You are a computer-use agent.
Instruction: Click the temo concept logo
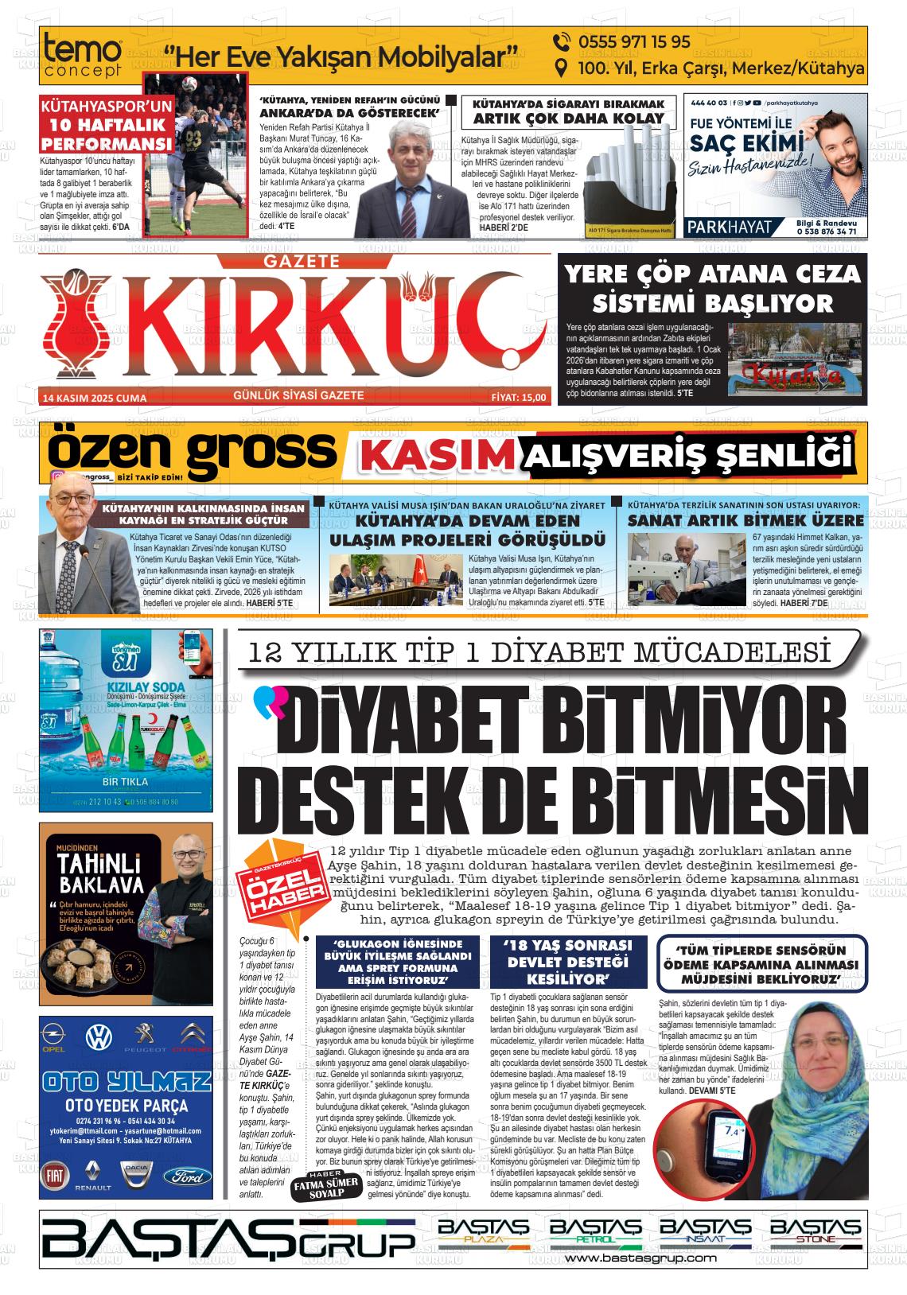[83, 56]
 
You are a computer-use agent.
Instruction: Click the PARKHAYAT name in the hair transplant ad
[729, 227]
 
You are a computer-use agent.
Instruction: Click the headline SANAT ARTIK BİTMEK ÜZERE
[745, 520]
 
